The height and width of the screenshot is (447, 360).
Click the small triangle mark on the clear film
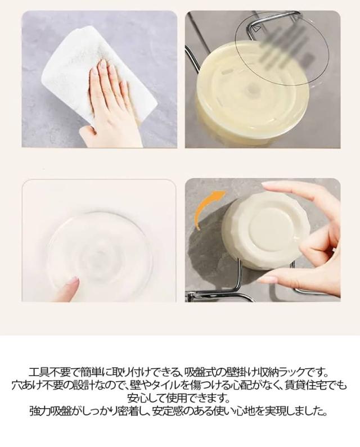click(256, 29)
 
